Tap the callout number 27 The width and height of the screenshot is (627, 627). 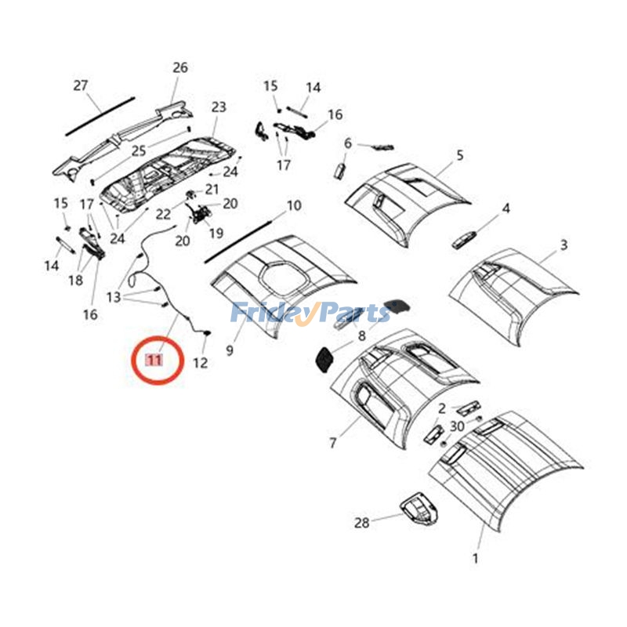[x=81, y=85]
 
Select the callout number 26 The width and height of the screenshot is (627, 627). [x=180, y=68]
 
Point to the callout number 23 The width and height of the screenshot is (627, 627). [x=218, y=107]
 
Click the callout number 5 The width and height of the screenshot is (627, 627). [x=460, y=155]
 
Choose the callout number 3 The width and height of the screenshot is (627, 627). [x=564, y=246]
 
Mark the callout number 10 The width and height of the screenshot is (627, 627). [x=294, y=206]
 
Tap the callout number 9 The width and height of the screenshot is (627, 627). [x=230, y=350]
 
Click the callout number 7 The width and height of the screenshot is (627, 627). [x=333, y=444]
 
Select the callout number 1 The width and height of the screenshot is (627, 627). [x=474, y=559]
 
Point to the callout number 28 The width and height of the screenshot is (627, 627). [x=361, y=523]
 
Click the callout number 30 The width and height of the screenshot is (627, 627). [x=457, y=426]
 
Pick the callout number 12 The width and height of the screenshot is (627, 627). [x=201, y=362]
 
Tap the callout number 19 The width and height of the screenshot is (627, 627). [x=216, y=233]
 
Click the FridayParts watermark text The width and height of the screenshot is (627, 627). [x=310, y=313]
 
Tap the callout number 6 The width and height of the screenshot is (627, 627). [x=348, y=143]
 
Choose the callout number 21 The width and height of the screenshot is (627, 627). [x=212, y=189]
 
